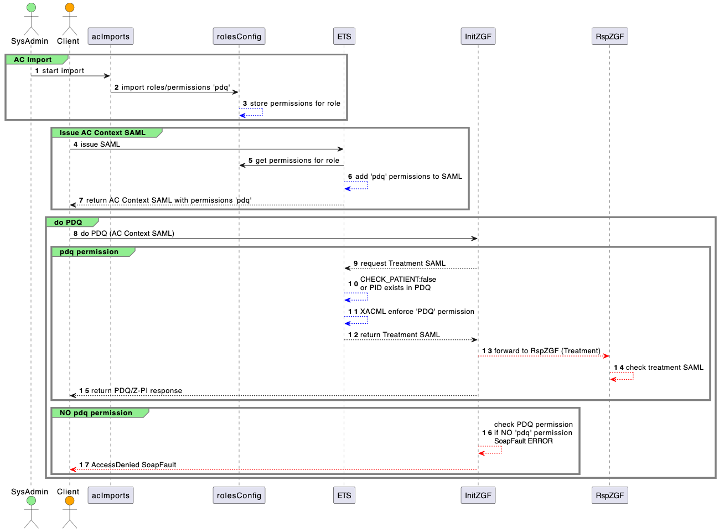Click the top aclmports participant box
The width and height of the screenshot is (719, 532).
(111, 37)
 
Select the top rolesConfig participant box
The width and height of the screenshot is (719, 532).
(239, 37)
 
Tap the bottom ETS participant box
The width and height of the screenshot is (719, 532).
(344, 495)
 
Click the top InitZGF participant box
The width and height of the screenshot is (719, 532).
(478, 37)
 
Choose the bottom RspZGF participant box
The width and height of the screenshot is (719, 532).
(609, 495)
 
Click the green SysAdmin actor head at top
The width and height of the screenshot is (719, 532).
(31, 8)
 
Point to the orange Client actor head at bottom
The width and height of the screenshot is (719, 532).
(70, 501)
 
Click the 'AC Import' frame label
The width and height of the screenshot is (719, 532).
(33, 60)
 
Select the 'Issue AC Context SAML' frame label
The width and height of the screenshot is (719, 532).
(102, 133)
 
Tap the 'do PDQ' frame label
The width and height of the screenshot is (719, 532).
(68, 223)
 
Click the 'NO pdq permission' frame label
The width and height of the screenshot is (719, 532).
(96, 413)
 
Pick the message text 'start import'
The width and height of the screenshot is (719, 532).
(63, 71)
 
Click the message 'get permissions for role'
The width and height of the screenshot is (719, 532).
(297, 161)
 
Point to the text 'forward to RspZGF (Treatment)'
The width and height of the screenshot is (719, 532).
(547, 351)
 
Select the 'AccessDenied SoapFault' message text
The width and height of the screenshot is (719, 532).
(133, 465)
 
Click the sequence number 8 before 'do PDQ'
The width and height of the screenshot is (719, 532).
(75, 234)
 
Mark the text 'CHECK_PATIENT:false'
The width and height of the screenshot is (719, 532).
(398, 280)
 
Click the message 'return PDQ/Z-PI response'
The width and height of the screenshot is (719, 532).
(136, 391)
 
